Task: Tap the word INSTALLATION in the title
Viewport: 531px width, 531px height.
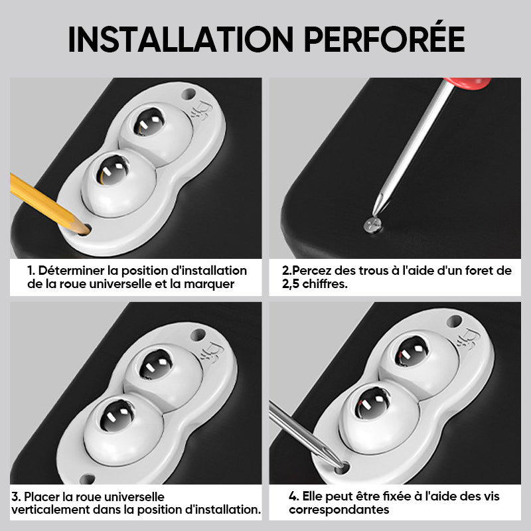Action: tap(181, 39)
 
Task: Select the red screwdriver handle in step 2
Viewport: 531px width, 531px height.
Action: tap(467, 84)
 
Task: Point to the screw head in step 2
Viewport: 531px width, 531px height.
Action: tap(372, 224)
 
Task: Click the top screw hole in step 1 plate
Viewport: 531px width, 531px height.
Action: tap(189, 94)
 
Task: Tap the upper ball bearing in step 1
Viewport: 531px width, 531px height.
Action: tap(149, 122)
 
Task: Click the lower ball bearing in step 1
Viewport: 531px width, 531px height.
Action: tap(112, 171)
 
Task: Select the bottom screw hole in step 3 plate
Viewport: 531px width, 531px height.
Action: tap(87, 479)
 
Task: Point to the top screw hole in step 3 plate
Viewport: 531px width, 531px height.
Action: tap(198, 335)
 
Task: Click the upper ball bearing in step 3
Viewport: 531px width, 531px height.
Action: tap(156, 364)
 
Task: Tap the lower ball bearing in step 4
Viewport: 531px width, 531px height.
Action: tap(372, 403)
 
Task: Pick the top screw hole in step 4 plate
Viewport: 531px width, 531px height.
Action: tap(455, 321)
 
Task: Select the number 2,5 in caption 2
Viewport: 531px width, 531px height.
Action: tap(290, 284)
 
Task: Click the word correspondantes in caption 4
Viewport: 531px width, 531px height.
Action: tap(339, 509)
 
